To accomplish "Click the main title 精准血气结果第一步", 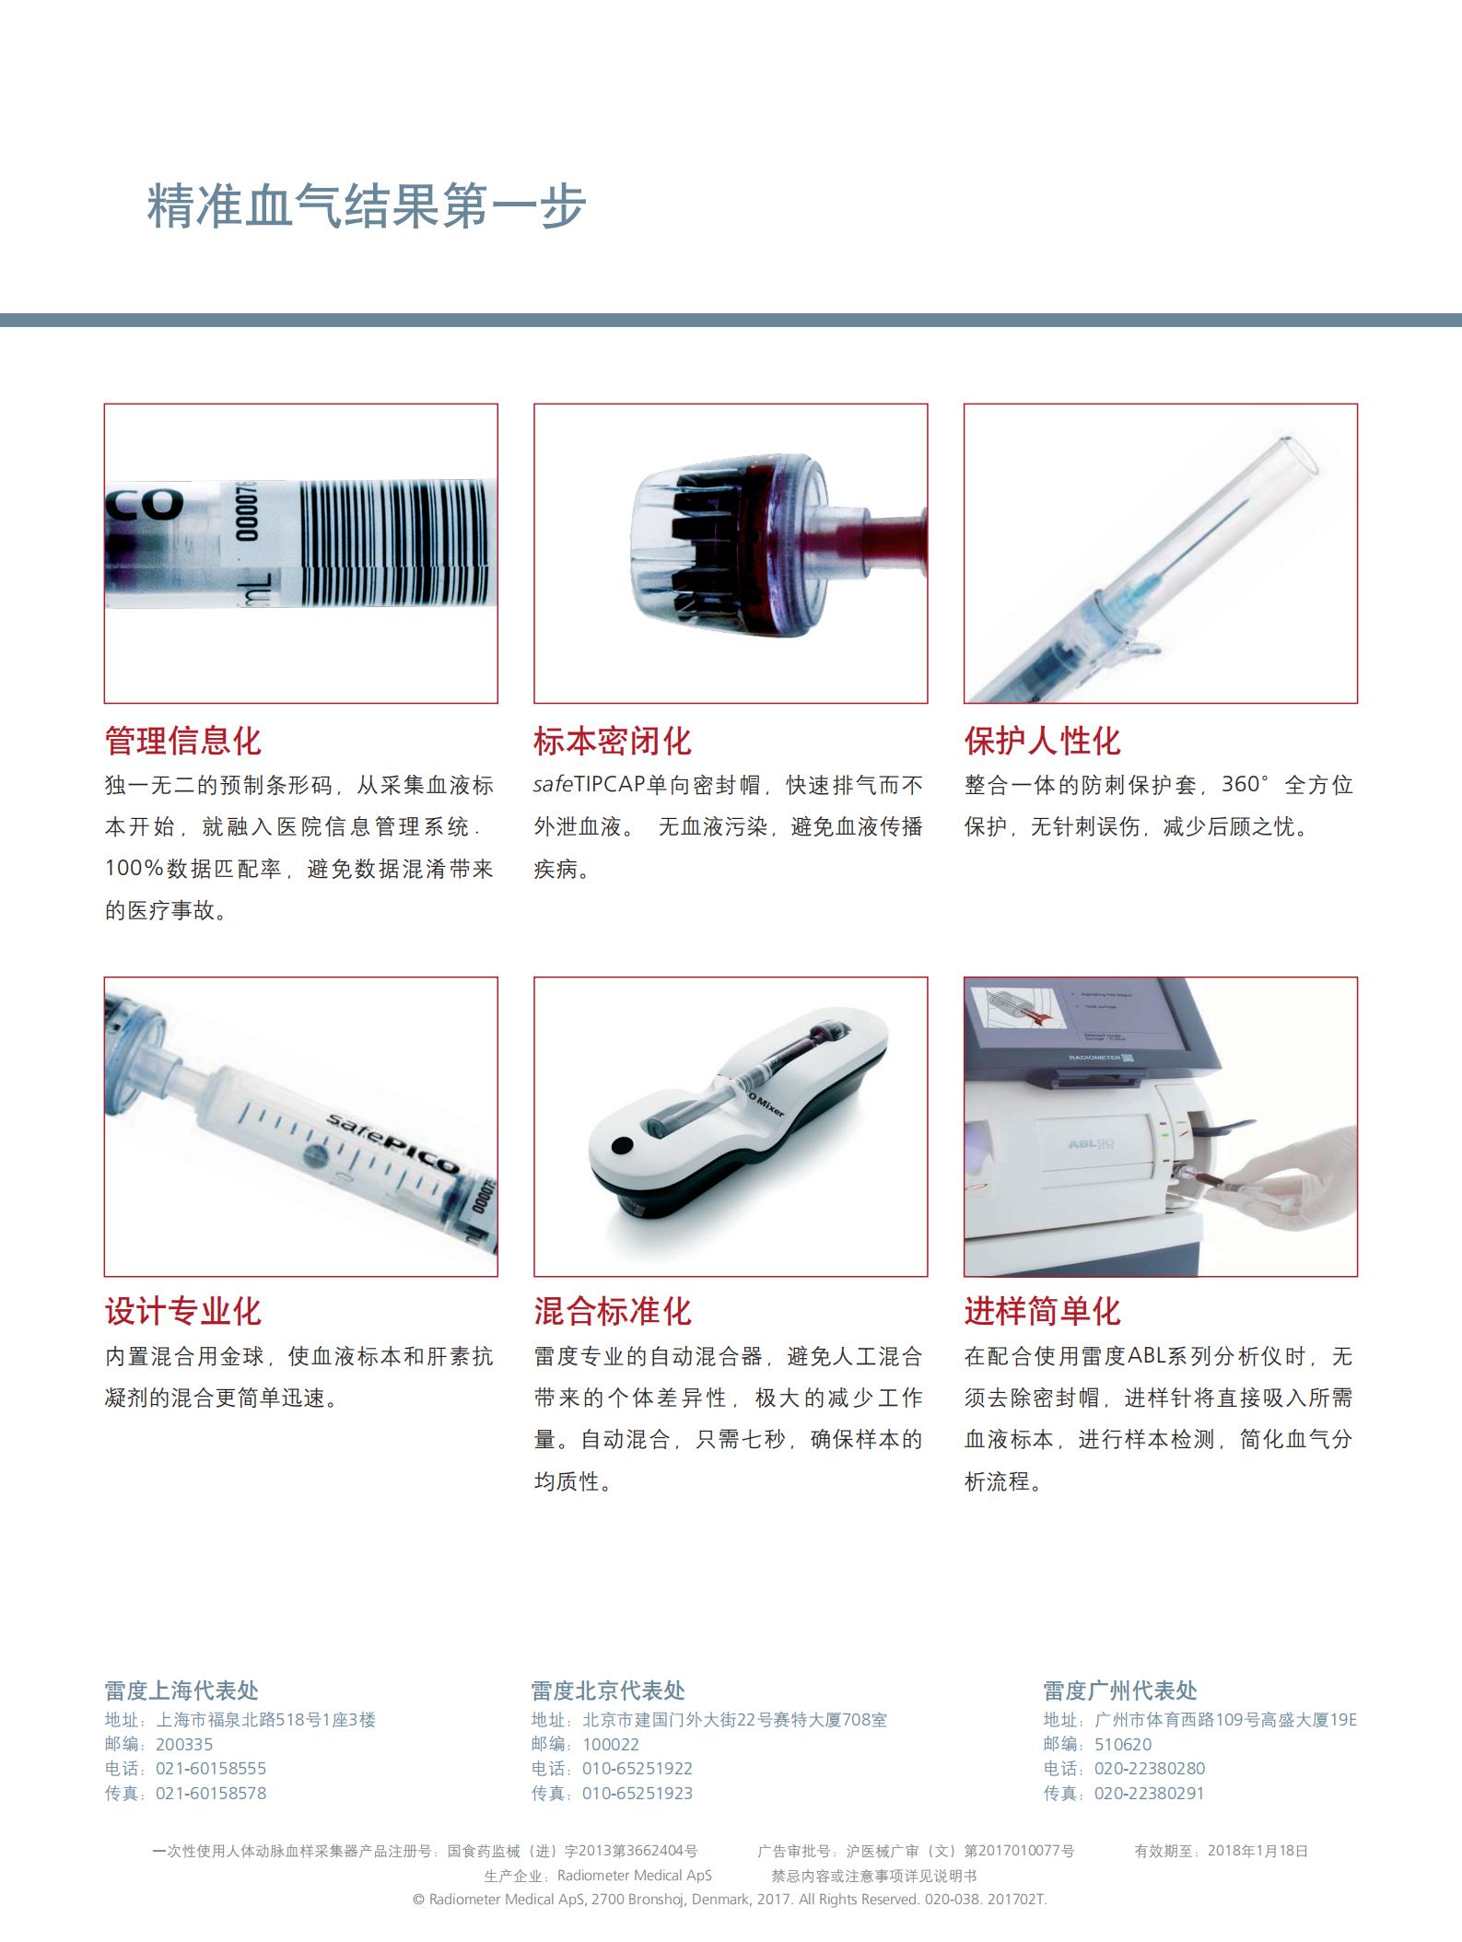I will click(x=367, y=205).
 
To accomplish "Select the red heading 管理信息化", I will click(x=182, y=741).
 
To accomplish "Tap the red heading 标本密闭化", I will click(x=612, y=741).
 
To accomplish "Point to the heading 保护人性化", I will click(x=1042, y=741).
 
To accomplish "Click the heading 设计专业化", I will click(x=182, y=1311).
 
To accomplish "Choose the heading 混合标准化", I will click(x=612, y=1311).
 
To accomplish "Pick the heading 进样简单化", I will click(x=1042, y=1311).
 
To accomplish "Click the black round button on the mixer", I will click(x=622, y=1147).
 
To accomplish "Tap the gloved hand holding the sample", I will click(x=1290, y=1184).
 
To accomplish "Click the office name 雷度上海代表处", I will click(x=181, y=1690).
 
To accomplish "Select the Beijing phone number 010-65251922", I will click(x=637, y=1769).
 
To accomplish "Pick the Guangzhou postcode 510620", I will click(x=1123, y=1744).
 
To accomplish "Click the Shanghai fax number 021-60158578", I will click(x=211, y=1794).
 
